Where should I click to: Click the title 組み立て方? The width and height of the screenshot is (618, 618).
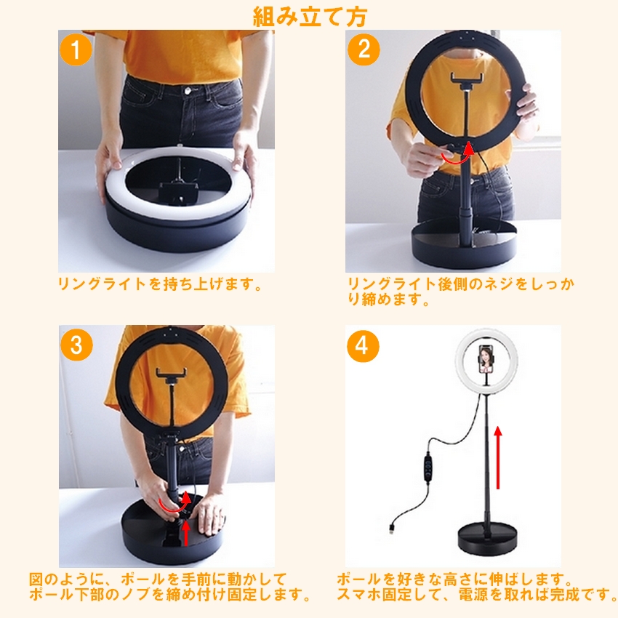(x=310, y=17)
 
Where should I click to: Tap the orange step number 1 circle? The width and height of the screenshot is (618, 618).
(x=76, y=49)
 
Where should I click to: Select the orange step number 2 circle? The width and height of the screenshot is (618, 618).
(x=364, y=49)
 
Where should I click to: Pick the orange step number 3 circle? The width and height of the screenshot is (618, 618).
(x=76, y=345)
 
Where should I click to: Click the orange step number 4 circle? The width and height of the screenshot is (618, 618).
(x=363, y=346)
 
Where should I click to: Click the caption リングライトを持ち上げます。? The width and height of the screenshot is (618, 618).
(x=160, y=284)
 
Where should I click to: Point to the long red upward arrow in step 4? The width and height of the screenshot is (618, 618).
(x=498, y=457)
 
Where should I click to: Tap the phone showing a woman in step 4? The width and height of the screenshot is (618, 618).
(x=486, y=359)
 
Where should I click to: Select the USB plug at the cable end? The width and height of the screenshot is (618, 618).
(x=391, y=529)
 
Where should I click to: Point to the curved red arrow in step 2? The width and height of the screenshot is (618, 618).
(x=457, y=156)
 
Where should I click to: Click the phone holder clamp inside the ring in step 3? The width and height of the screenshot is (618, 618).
(x=171, y=376)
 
